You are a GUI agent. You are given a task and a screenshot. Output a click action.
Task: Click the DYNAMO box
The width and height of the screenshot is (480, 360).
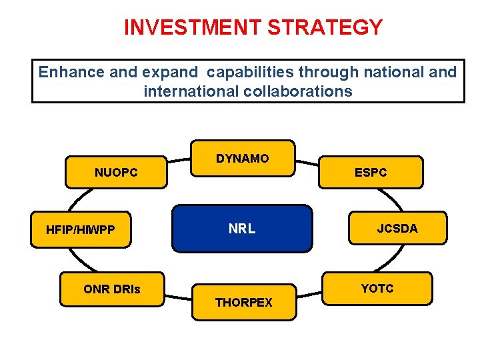pyautogui.click(x=243, y=159)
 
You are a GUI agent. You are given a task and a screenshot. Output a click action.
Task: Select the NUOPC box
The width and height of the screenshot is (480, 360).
pyautogui.click(x=116, y=173)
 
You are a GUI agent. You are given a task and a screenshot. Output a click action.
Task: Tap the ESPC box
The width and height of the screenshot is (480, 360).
pyautogui.click(x=371, y=173)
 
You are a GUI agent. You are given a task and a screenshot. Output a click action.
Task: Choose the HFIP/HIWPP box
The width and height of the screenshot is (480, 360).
pyautogui.click(x=81, y=230)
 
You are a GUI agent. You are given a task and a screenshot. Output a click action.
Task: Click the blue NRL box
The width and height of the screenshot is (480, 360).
pyautogui.click(x=242, y=229)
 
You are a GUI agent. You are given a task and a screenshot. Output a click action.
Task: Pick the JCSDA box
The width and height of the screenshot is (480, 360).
pyautogui.click(x=397, y=229)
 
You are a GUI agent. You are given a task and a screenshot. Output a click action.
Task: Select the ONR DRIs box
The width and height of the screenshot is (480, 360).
pyautogui.click(x=112, y=289)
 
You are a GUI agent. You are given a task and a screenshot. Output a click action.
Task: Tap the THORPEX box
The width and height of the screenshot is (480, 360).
pyautogui.click(x=243, y=303)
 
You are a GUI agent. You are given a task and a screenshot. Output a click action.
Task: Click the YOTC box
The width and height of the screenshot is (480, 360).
pyautogui.click(x=377, y=288)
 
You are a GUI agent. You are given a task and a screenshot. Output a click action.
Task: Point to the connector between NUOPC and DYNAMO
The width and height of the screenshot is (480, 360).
pyautogui.click(x=178, y=161)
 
